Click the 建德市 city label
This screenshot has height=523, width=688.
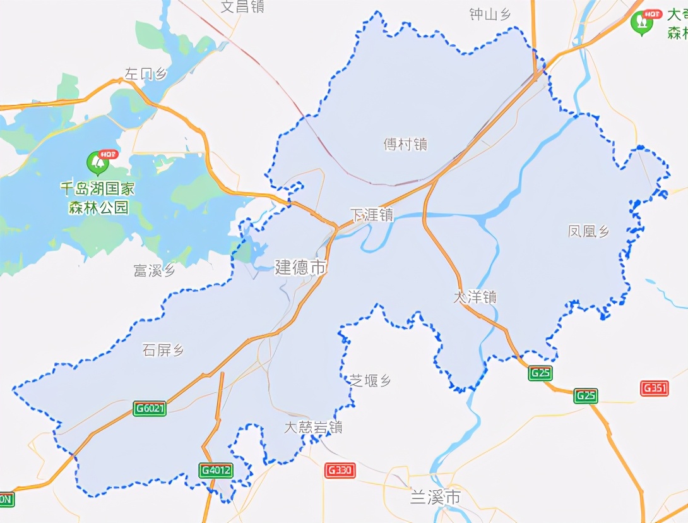[301, 267]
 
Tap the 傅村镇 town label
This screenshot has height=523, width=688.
[406, 145]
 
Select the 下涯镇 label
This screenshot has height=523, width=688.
[372, 215]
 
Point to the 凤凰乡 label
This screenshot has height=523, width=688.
[589, 232]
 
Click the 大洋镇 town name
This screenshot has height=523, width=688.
[475, 297]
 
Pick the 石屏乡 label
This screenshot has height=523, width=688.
[163, 351]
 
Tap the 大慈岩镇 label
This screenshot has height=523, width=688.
[313, 428]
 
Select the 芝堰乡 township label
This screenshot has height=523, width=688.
[371, 381]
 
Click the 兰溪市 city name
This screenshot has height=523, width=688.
[436, 497]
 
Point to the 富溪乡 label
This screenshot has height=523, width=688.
[154, 271]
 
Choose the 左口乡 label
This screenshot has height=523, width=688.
[146, 74]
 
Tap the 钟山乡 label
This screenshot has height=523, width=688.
[490, 15]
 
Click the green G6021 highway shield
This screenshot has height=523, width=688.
[150, 409]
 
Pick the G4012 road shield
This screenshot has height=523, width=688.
[216, 471]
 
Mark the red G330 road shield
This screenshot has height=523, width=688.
[340, 471]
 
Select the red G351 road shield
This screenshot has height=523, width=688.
[655, 388]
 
